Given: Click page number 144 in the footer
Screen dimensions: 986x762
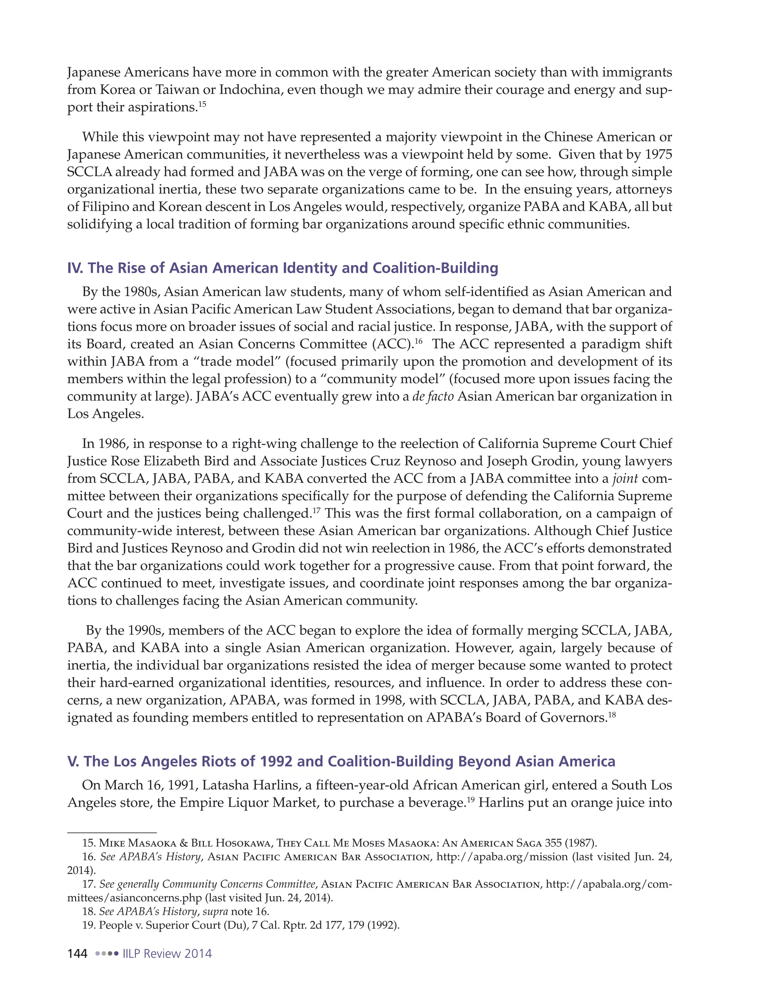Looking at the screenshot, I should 77,954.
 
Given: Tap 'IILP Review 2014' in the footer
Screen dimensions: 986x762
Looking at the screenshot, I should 167,954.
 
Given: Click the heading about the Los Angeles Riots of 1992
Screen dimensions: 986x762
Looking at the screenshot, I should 341,761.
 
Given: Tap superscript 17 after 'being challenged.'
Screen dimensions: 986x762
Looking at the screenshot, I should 317,510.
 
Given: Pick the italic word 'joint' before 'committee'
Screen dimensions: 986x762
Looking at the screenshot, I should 625,478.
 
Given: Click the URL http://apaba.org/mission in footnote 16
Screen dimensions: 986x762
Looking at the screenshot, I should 502,857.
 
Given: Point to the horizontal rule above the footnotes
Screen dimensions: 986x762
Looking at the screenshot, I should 112,832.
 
